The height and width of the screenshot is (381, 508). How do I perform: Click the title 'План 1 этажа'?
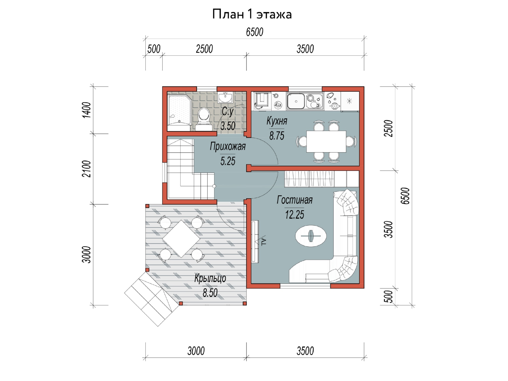point(252,14)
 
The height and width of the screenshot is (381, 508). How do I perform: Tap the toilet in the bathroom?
point(204,119)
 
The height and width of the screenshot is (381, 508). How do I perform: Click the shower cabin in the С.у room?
point(180,110)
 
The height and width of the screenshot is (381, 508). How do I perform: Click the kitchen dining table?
point(326,142)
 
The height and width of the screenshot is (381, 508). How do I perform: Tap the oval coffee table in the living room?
point(311,236)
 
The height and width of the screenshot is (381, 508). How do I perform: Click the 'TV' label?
point(264,241)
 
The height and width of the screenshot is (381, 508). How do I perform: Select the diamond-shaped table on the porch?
point(181,239)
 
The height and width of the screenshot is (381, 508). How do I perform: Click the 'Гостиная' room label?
point(294,200)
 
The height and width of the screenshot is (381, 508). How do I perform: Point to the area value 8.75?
point(276,136)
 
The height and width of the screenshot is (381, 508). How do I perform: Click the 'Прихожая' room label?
point(228,146)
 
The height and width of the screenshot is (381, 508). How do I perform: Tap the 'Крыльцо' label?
point(210,278)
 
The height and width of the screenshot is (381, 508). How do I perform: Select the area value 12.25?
point(294,215)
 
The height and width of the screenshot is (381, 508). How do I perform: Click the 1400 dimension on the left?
point(87,110)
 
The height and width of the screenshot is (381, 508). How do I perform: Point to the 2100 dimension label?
point(87,169)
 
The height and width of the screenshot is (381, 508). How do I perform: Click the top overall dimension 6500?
point(255,32)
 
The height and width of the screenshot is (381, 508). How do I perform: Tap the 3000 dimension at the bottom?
point(196,351)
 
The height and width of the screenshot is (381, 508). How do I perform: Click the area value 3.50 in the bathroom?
point(228,126)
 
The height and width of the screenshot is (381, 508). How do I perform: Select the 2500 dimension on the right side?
point(389,128)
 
